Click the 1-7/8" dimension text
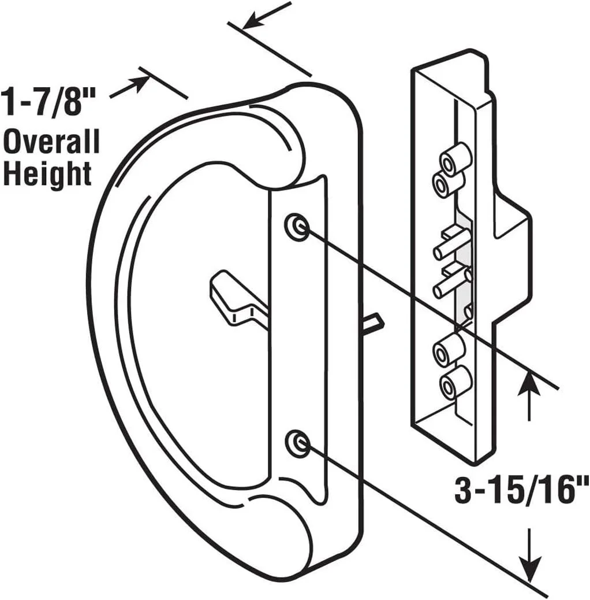[x=48, y=101]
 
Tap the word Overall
[x=51, y=142]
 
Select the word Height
[x=47, y=174]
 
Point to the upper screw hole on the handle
[x=297, y=227]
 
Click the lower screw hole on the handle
[x=297, y=443]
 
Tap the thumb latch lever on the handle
[x=239, y=298]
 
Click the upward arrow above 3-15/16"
[x=529, y=394]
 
